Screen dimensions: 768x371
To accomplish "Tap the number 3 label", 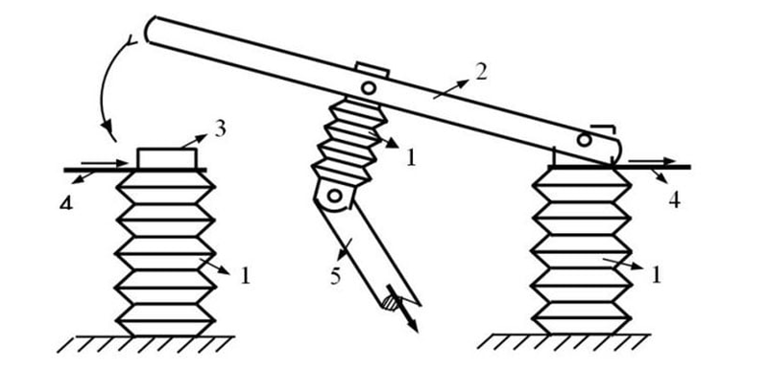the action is click(220, 130).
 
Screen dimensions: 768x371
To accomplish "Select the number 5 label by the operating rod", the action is click(335, 277).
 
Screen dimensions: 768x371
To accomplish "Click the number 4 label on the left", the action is click(66, 201).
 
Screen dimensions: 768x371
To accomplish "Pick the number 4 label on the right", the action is click(675, 200).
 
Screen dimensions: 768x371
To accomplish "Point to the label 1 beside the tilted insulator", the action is click(411, 158).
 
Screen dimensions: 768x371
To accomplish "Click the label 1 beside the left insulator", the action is click(246, 276).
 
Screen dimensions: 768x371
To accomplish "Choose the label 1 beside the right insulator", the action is click(656, 275).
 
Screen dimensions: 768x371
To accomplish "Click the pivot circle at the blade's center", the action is click(369, 88).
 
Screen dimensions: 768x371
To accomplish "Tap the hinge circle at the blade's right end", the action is click(584, 140).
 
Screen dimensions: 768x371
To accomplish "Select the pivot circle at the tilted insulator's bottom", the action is click(334, 196).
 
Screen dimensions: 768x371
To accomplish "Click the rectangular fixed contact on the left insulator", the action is click(167, 159).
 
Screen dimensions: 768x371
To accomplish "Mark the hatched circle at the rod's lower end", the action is click(390, 303).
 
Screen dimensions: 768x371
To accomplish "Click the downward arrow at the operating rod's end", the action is click(401, 308).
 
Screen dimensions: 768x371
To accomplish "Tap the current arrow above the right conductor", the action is click(652, 161).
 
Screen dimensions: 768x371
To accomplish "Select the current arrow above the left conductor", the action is click(104, 163).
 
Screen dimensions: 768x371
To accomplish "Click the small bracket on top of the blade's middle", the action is click(372, 69).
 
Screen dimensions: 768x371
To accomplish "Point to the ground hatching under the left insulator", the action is click(146, 344).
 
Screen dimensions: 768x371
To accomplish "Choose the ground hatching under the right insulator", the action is click(564, 341).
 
